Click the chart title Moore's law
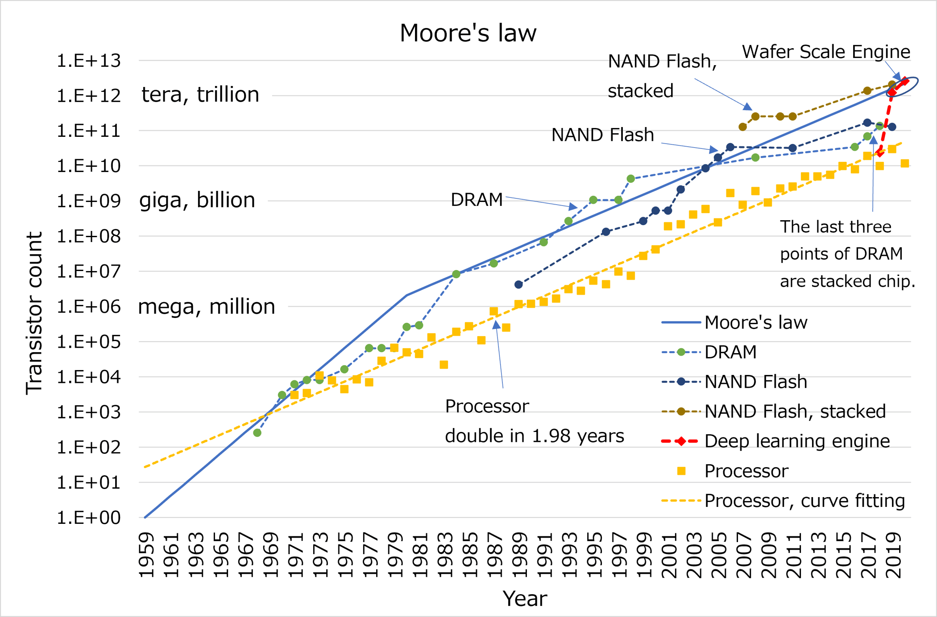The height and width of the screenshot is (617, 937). point(468,33)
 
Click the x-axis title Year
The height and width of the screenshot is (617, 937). point(524,598)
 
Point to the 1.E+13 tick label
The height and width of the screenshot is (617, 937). point(88,61)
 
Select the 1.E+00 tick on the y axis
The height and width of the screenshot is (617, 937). point(88,518)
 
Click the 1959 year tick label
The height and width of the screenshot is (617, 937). point(146,555)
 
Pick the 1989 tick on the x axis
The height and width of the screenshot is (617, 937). point(519,555)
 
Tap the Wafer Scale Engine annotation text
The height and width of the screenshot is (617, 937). point(825,52)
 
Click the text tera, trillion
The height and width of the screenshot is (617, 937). point(200,95)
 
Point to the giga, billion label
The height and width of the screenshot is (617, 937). point(197,200)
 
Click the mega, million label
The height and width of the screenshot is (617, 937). point(207,307)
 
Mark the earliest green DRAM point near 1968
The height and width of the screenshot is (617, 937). point(257,432)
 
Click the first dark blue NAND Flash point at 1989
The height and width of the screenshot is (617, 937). point(518,284)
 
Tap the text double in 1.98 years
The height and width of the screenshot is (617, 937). point(534,436)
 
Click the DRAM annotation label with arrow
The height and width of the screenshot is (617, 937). point(477,200)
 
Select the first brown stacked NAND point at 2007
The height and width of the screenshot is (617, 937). point(742,127)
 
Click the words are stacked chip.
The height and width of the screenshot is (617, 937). point(847,281)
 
